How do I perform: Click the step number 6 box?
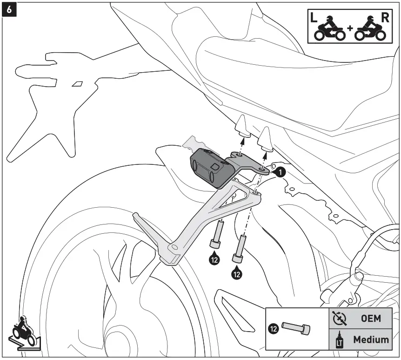tap(9, 10)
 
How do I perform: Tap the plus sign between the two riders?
tap(350, 34)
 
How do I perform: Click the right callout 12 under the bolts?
tap(237, 274)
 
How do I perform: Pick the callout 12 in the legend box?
tap(274, 329)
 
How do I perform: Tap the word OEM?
tap(371, 319)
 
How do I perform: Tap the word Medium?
tap(371, 340)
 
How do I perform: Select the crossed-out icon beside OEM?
tap(340, 318)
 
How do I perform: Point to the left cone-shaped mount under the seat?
tap(242, 126)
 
